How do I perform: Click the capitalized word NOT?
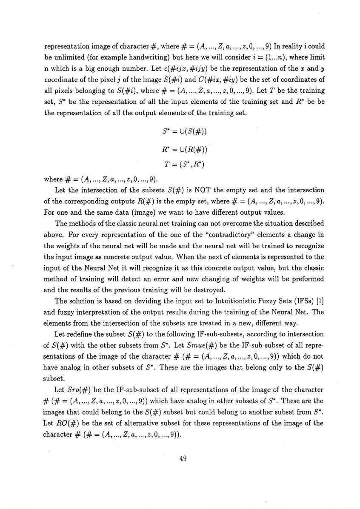[183, 190]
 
